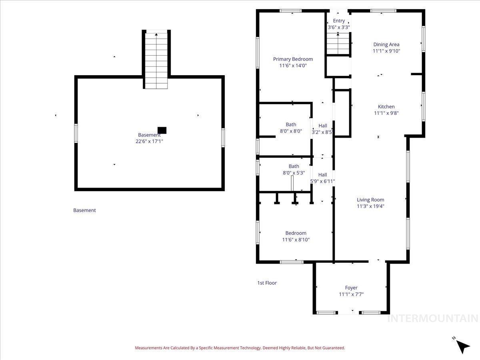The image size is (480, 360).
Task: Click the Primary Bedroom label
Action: click(x=293, y=59)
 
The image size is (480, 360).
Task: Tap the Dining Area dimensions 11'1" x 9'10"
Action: click(x=386, y=51)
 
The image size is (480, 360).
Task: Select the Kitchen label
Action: click(x=386, y=107)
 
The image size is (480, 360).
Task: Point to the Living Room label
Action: click(x=370, y=200)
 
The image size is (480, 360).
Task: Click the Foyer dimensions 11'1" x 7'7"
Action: click(x=351, y=294)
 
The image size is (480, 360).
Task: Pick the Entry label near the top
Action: click(x=339, y=21)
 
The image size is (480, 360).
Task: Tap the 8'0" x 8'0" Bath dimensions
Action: click(x=291, y=131)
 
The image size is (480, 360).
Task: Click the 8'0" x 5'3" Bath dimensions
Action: click(x=294, y=173)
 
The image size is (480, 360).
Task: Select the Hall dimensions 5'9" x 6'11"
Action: click(x=322, y=181)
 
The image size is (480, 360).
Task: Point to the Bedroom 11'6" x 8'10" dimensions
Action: click(x=296, y=240)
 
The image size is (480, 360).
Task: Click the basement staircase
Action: click(x=156, y=61)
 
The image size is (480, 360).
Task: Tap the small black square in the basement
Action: click(x=162, y=130)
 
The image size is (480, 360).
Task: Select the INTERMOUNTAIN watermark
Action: click(x=433, y=318)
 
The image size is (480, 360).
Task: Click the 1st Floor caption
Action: click(x=267, y=283)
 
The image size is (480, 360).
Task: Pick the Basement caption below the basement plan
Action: click(x=84, y=210)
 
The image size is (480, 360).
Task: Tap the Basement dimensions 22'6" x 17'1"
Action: click(x=149, y=142)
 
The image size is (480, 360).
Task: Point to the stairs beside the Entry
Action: click(x=338, y=43)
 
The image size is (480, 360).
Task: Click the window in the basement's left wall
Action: click(x=76, y=133)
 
